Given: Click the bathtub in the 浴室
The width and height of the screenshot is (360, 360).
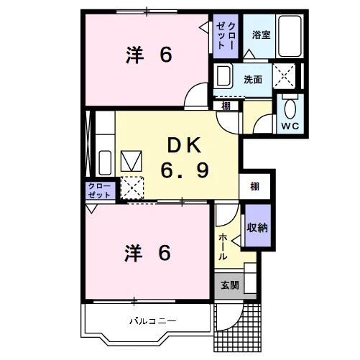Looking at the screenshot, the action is [290, 36].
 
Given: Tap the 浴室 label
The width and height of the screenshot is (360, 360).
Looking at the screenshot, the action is [261, 35].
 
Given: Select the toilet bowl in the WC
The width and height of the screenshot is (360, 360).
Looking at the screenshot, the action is [290, 109].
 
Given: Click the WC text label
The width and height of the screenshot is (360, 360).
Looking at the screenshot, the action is [290, 126].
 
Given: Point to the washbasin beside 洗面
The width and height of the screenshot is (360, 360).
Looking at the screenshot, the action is [225, 75].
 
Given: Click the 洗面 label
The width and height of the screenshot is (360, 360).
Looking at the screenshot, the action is [253, 80].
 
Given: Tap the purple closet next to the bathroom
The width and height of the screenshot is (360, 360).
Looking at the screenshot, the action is [226, 36].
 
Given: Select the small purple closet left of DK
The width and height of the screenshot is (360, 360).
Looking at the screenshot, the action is [100, 190].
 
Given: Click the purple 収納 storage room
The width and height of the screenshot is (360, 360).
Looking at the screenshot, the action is [258, 226].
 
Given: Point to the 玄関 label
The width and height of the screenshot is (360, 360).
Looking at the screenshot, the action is [230, 285].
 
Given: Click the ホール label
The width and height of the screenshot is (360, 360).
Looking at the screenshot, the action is [223, 247].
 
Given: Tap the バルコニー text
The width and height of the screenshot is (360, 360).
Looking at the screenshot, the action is [153, 320].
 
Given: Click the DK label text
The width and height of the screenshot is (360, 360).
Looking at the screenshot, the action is [184, 146].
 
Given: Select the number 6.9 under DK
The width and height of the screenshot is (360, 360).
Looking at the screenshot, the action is [185, 170].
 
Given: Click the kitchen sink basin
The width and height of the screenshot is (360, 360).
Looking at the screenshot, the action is [105, 162].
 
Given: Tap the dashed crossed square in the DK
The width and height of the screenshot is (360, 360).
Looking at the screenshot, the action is [132, 188].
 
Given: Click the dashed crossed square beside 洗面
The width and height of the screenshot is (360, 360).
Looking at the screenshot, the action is [284, 76].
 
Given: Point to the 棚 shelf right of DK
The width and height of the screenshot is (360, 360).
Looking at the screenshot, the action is [254, 186].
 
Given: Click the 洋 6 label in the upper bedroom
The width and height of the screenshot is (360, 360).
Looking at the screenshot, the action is [149, 55].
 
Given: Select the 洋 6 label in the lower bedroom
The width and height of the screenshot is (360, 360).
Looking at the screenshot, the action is [147, 253].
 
